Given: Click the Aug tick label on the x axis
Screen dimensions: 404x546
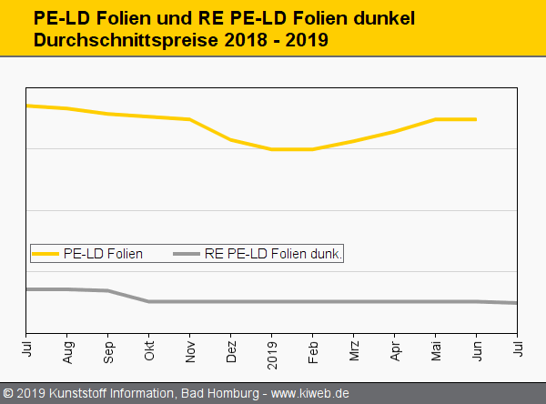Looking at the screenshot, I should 68,351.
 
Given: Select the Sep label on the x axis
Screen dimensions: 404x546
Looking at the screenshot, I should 109,351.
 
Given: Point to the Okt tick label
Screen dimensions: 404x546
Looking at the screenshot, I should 150,350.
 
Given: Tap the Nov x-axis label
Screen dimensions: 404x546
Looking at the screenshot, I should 191,350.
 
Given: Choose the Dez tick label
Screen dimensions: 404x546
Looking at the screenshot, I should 232,351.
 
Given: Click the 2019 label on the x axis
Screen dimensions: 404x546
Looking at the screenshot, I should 272,353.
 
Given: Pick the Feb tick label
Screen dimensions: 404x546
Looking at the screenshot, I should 313,350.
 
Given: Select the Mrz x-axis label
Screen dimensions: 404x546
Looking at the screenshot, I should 354,350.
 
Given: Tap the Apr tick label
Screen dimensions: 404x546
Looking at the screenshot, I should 395,350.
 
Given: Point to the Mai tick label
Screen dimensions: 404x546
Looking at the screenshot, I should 436,350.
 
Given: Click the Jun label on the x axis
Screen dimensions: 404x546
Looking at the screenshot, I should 477,350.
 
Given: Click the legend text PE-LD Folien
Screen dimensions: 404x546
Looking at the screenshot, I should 103,254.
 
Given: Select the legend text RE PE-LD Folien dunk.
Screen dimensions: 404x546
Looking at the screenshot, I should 273,254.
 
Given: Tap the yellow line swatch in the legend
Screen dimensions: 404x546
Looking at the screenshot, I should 46,254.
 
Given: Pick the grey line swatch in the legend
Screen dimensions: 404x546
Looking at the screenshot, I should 187,254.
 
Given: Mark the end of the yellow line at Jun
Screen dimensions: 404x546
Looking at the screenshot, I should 476,119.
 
